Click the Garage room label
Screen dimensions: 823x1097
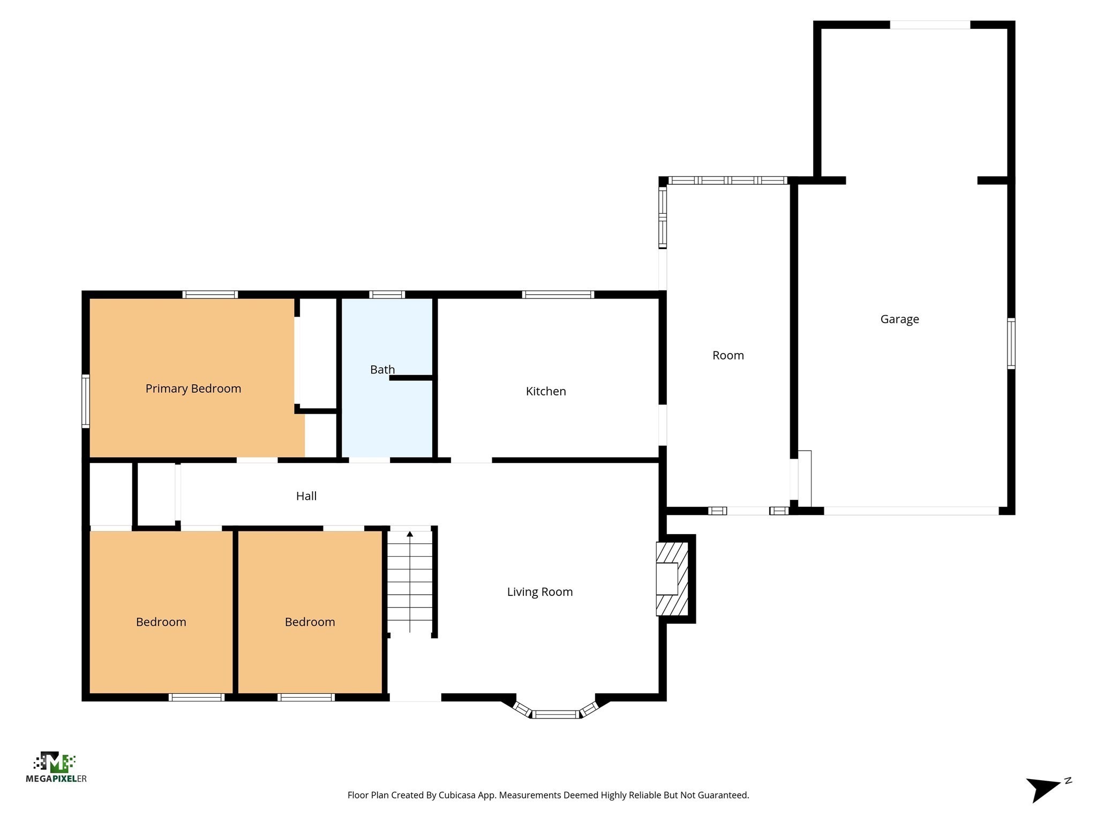point(899,319)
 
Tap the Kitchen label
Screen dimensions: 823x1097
point(545,391)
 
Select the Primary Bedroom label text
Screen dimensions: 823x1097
point(193,388)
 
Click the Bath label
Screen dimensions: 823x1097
point(382,369)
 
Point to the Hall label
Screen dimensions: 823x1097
point(306,496)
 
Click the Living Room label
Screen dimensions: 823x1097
point(539,592)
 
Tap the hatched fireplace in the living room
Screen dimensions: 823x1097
point(672,579)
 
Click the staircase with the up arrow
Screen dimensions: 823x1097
point(410,581)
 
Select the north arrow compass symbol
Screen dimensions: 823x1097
point(1045,788)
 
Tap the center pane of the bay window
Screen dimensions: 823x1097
point(555,714)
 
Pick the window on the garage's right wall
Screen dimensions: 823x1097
point(1011,343)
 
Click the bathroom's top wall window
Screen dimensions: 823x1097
point(387,294)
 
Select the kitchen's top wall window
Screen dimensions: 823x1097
point(558,294)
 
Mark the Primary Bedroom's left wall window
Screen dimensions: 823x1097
point(86,401)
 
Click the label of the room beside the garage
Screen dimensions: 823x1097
point(727,355)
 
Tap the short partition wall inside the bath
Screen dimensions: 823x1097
point(411,378)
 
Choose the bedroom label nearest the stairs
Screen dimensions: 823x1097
point(310,622)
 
